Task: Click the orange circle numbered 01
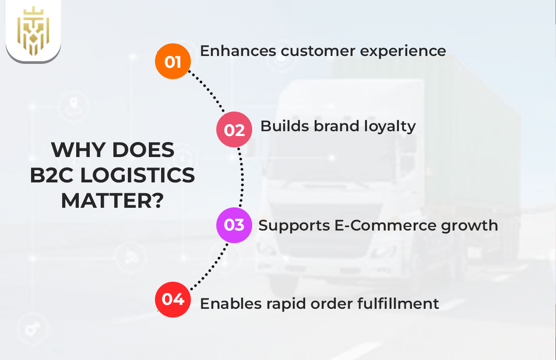click(x=173, y=62)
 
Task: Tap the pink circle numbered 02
click(x=234, y=129)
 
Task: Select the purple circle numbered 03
click(x=234, y=225)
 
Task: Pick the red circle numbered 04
click(x=173, y=300)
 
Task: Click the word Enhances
click(x=238, y=51)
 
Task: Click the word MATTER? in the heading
click(x=113, y=201)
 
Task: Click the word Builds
click(x=284, y=126)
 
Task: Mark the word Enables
click(x=229, y=303)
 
